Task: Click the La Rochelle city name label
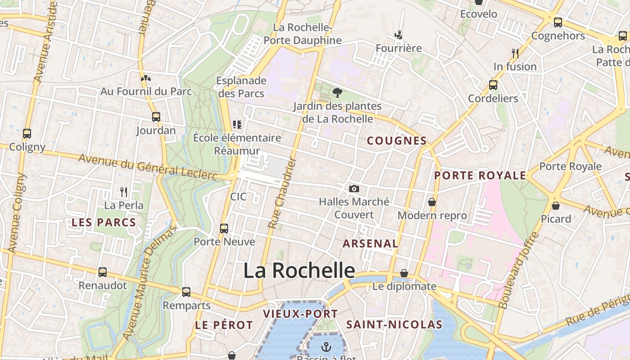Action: pyautogui.click(x=299, y=271)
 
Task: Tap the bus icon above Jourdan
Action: pyautogui.click(x=156, y=117)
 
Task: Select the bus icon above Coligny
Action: pyautogui.click(x=27, y=133)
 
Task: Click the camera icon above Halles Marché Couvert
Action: pyautogui.click(x=354, y=189)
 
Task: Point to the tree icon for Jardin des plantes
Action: pyautogui.click(x=337, y=93)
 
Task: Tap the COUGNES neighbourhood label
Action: pyautogui.click(x=396, y=141)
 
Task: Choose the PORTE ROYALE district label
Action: pyautogui.click(x=480, y=175)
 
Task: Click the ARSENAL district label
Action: pyautogui.click(x=370, y=244)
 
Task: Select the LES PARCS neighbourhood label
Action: pyautogui.click(x=104, y=222)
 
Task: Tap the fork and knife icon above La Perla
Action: pyautogui.click(x=124, y=192)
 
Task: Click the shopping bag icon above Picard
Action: pyautogui.click(x=556, y=206)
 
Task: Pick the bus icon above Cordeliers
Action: pyautogui.click(x=493, y=85)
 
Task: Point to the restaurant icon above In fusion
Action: pyautogui.click(x=515, y=53)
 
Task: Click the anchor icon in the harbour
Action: pyautogui.click(x=326, y=346)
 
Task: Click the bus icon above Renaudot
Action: pyautogui.click(x=103, y=272)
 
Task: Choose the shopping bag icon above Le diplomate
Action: pyautogui.click(x=404, y=273)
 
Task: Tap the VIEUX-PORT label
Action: pyautogui.click(x=300, y=314)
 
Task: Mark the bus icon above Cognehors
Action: pyautogui.click(x=558, y=22)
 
